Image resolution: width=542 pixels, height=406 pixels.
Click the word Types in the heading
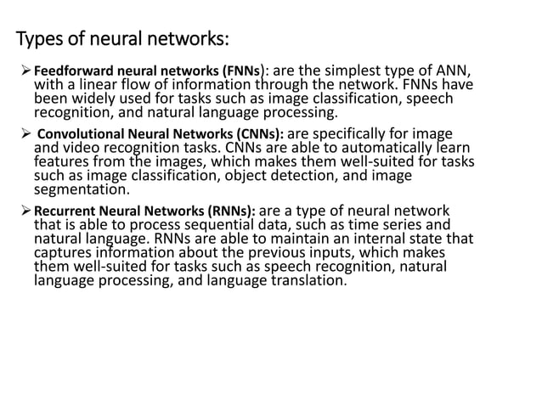tap(38, 40)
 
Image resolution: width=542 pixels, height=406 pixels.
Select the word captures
tap(64, 255)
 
